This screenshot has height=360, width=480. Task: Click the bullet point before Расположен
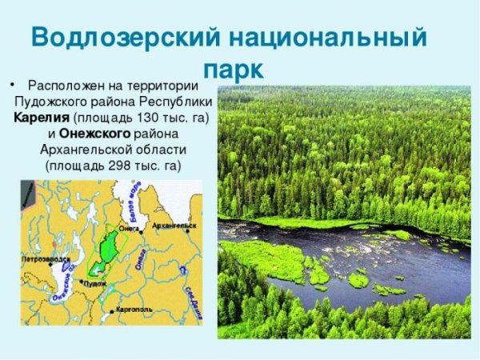click(11, 85)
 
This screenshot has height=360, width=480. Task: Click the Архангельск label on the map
click(174, 226)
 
